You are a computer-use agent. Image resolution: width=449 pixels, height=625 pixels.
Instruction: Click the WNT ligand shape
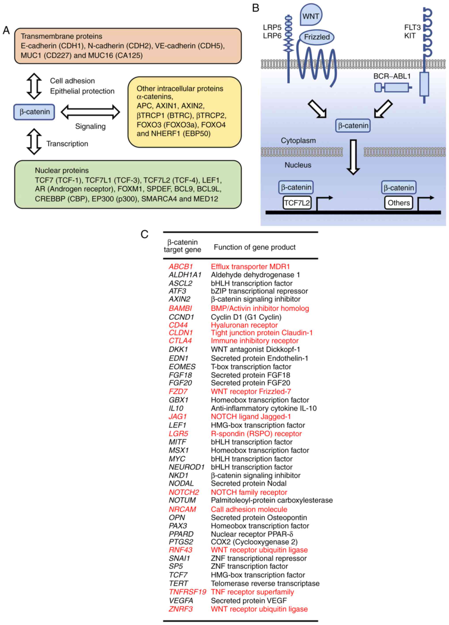(x=311, y=15)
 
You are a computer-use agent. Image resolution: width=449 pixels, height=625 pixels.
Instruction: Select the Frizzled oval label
(x=317, y=37)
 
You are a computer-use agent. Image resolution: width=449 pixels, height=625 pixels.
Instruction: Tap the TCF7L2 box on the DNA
(x=297, y=203)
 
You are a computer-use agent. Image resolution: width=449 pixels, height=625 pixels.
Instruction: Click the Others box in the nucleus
(x=399, y=203)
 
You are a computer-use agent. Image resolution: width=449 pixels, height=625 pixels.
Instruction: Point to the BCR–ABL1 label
(x=392, y=76)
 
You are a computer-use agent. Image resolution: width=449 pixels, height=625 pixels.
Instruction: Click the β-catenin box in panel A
(x=34, y=112)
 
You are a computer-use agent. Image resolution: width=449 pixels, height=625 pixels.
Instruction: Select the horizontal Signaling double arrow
(x=90, y=112)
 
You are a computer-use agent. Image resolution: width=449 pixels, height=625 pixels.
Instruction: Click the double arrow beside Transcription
(x=34, y=142)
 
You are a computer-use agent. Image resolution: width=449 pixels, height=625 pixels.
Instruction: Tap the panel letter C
(x=145, y=234)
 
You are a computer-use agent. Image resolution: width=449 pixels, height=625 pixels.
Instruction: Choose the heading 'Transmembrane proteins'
(x=61, y=36)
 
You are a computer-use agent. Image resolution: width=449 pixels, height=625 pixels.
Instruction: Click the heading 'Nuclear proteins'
(x=62, y=170)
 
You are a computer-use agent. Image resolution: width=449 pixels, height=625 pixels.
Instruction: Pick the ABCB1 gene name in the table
(x=181, y=266)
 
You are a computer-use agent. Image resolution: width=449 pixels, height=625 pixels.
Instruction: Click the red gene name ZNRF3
(x=181, y=609)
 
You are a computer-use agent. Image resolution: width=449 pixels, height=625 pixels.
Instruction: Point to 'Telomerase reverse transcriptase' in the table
(x=265, y=584)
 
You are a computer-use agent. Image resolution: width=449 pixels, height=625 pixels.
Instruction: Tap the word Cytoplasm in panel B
(x=298, y=141)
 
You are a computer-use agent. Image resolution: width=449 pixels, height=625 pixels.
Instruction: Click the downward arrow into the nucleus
(x=353, y=157)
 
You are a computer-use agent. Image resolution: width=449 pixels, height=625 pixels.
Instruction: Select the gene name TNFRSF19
(x=187, y=592)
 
